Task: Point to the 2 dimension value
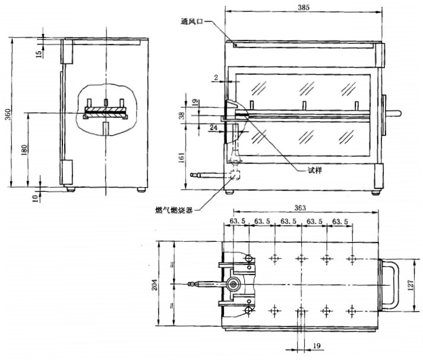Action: point(216,77)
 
